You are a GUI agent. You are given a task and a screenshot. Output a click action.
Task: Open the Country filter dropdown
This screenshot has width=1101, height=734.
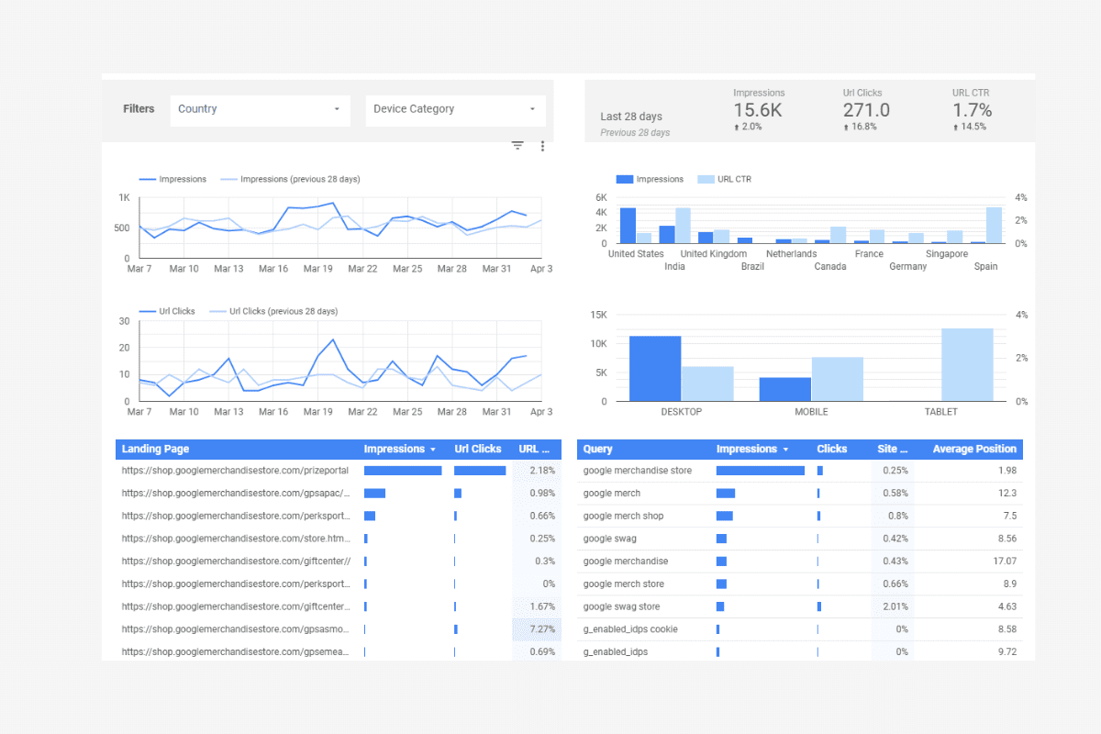[260, 109]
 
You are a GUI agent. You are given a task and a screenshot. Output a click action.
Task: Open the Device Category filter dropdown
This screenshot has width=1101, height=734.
[455, 109]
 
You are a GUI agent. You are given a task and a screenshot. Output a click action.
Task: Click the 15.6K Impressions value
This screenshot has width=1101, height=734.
[759, 110]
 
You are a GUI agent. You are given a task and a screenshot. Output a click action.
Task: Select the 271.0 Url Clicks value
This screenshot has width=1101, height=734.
[866, 110]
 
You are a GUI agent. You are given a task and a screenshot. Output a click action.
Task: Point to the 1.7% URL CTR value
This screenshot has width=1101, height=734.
[972, 110]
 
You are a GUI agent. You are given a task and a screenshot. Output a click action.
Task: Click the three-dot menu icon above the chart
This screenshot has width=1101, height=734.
[542, 146]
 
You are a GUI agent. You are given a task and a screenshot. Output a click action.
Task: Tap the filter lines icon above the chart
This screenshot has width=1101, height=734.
[517, 146]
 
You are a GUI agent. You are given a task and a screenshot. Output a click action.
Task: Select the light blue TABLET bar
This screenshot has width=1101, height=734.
[967, 365]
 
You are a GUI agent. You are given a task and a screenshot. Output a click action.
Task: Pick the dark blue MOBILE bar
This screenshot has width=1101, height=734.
[784, 389]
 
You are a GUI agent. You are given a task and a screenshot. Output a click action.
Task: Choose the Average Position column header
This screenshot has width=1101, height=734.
[974, 450]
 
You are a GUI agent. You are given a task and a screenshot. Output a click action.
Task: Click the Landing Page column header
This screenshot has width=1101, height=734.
[156, 450]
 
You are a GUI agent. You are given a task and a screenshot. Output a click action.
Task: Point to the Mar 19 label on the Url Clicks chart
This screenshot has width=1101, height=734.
[317, 412]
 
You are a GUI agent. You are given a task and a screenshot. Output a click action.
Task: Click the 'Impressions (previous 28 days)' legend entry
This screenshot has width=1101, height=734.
[299, 180]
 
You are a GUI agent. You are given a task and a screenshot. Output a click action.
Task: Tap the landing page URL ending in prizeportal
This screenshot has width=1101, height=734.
[234, 471]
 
